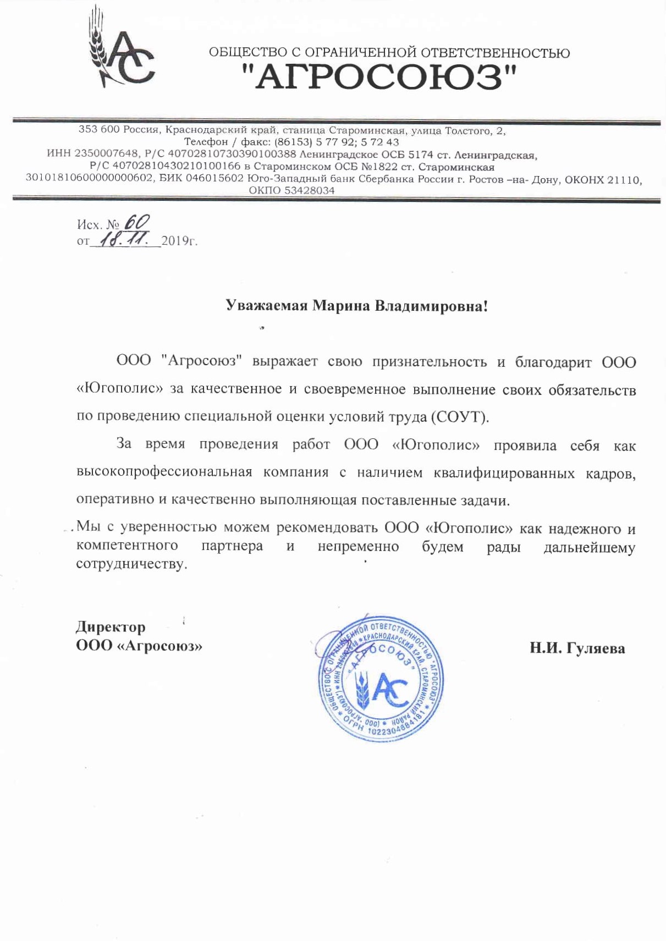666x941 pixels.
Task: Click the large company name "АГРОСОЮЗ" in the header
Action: [x=379, y=77]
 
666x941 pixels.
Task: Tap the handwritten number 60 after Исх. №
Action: [x=137, y=222]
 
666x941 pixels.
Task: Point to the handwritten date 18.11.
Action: [x=126, y=239]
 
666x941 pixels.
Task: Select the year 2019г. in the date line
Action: [x=179, y=241]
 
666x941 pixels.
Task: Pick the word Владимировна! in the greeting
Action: [x=431, y=306]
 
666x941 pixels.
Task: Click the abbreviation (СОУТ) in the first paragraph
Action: [x=460, y=416]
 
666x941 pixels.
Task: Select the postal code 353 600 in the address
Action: [x=99, y=130]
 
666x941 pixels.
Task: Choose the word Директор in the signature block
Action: [x=111, y=626]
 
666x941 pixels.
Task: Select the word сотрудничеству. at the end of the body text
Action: [x=131, y=564]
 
